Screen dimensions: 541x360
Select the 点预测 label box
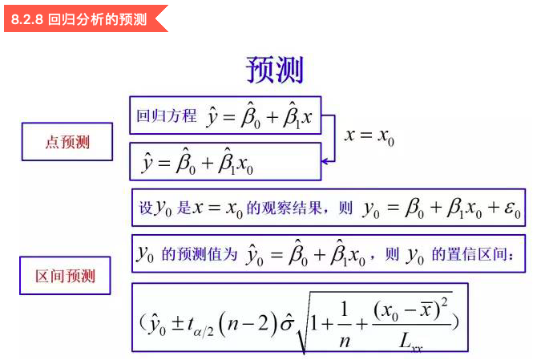(67, 143)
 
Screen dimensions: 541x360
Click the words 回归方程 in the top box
(166, 116)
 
